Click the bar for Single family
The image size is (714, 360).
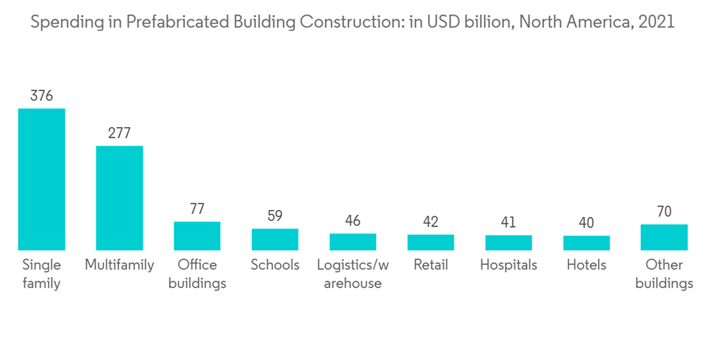coord(41,179)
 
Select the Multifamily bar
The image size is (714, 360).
coord(119,198)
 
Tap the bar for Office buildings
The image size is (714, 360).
coord(197,236)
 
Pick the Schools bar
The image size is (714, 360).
coord(275,239)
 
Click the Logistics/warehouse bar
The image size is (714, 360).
coord(353,241)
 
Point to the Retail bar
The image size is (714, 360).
coord(431,242)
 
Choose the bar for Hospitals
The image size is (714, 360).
coord(508,243)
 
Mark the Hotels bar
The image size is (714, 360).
coord(586,243)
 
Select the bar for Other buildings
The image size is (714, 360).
coord(664,237)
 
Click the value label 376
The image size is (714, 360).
coord(41,96)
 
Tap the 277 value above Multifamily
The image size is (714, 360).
coord(119,133)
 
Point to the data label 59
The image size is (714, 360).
coord(275,216)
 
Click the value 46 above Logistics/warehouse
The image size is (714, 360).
coord(353,221)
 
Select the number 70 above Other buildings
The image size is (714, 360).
coord(664,211)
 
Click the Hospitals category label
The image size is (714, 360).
coord(508,265)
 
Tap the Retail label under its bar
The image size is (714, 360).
coord(431,265)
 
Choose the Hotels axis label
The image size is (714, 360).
coord(586,265)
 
